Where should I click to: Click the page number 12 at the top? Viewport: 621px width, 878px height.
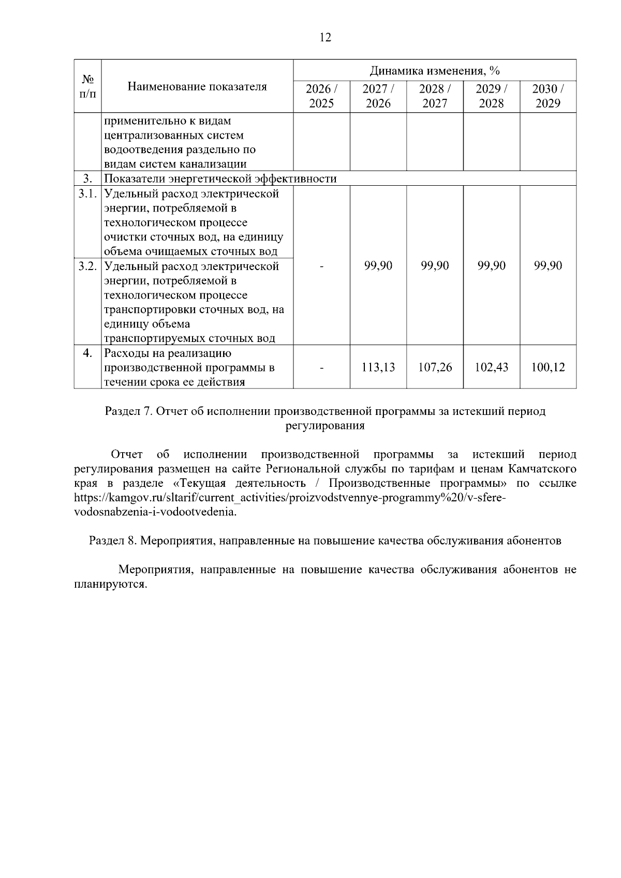point(326,38)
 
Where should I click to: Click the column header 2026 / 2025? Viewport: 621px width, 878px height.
point(321,96)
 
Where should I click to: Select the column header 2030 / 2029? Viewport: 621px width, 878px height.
point(548,96)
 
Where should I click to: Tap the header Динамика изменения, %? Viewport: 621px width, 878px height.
point(434,70)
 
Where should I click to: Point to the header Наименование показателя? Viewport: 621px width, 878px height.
point(197,86)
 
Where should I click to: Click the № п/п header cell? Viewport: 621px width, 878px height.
point(87,86)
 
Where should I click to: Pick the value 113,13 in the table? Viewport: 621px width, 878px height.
point(378,367)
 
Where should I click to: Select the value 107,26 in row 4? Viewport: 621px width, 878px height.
point(435,367)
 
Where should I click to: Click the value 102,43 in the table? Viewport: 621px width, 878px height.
point(491,367)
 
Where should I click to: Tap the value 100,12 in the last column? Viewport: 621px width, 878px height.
point(548,367)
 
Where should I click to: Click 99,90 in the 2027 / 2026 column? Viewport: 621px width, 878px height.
point(378,266)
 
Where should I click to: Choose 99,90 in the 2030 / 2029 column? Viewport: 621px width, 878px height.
point(548,266)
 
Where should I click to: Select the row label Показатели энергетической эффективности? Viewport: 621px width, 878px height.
point(220,179)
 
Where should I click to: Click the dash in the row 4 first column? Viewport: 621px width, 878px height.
point(321,368)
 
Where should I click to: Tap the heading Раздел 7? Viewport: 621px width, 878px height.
point(127,412)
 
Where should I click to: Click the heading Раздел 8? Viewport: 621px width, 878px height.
point(112,541)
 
